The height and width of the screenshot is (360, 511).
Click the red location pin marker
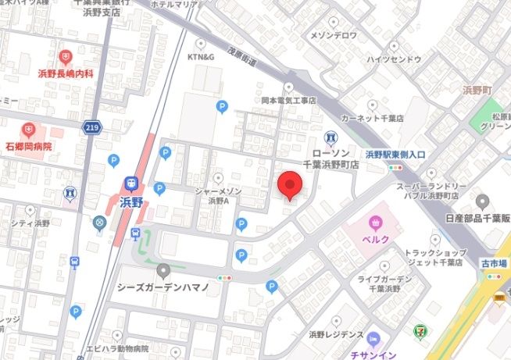290,185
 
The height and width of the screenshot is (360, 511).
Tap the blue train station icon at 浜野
130,184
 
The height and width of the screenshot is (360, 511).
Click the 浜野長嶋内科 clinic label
66,73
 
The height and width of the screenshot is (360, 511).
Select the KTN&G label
201,57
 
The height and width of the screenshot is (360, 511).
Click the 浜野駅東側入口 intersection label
395,155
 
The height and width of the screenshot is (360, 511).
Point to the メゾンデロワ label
334,35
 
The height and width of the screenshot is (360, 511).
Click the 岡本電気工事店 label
288,101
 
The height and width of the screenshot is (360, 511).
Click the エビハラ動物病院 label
117,348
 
